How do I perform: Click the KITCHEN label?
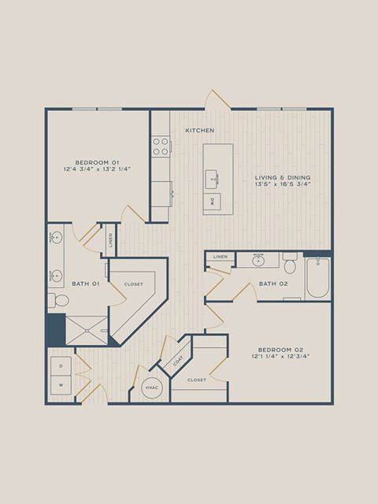[x=199, y=130]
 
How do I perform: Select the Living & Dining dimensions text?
[x=283, y=184]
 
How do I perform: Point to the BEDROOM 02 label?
[x=280, y=350]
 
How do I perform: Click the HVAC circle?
[x=152, y=388]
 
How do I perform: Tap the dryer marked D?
[x=61, y=366]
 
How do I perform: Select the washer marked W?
[x=61, y=385]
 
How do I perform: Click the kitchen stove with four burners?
[x=161, y=146]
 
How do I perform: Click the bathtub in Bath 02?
[x=317, y=277]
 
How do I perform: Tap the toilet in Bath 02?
[x=290, y=263]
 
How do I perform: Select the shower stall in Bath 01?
[x=87, y=331]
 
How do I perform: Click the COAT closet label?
[x=179, y=361]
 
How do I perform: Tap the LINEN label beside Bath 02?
[x=220, y=257]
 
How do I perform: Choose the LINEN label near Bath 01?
[x=110, y=239]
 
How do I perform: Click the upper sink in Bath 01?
[x=57, y=238]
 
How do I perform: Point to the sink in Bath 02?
[x=258, y=261]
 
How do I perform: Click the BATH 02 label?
[x=273, y=283]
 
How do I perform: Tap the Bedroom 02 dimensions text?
[x=280, y=357]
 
